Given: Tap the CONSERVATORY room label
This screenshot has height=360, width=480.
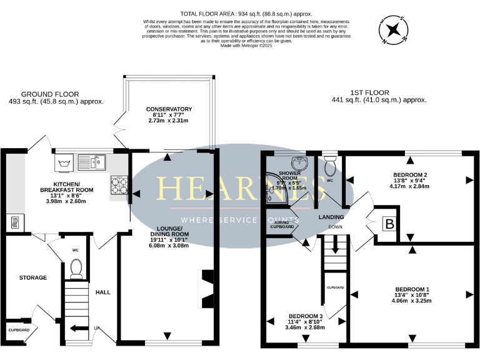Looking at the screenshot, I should [x=169, y=109].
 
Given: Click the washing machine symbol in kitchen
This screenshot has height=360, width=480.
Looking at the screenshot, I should [x=64, y=164].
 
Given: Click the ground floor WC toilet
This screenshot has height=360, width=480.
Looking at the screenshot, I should [x=77, y=267].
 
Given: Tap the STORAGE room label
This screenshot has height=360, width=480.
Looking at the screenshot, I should [x=33, y=277].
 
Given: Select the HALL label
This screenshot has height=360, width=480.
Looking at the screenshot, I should [x=102, y=292].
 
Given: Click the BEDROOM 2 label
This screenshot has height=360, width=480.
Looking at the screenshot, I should [x=410, y=174].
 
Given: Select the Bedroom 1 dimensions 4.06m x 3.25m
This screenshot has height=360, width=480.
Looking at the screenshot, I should [x=411, y=301].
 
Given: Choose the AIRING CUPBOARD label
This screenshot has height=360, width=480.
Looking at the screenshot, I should [x=281, y=224].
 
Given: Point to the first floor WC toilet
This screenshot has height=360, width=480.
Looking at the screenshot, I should [x=330, y=165].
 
